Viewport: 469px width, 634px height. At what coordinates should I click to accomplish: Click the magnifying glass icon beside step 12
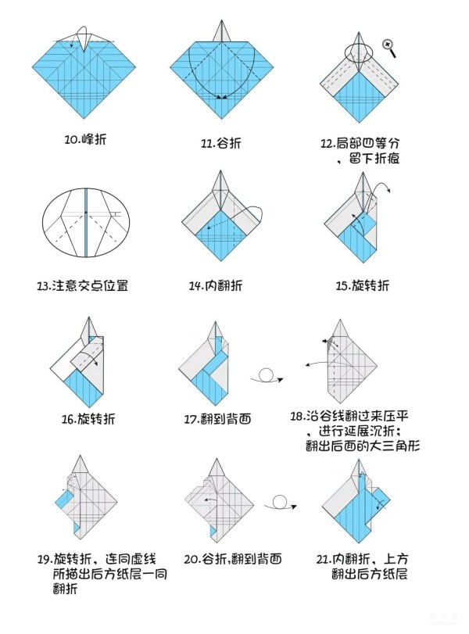tap(390, 48)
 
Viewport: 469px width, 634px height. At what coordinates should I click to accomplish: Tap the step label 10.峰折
tap(86, 139)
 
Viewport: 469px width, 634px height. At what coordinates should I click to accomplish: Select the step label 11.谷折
tap(220, 143)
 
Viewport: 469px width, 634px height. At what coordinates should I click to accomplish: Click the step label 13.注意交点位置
tap(83, 286)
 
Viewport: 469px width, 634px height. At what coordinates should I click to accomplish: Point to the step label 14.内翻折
tap(216, 286)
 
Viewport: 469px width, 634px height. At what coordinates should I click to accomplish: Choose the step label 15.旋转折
tap(362, 286)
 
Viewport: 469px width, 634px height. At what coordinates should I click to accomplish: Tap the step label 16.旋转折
tap(88, 418)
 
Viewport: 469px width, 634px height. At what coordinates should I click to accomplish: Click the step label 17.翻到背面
tap(217, 419)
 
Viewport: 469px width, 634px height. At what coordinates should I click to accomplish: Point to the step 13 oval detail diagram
tap(86, 222)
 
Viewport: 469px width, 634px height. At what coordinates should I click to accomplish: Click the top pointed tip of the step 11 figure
tap(221, 20)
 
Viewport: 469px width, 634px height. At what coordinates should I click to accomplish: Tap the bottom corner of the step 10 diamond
tap(84, 119)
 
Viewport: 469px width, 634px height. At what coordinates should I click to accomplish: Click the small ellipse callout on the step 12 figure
tap(359, 52)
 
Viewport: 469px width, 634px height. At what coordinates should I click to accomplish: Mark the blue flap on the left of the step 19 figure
tap(63, 499)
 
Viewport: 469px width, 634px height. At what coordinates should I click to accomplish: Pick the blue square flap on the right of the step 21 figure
tap(379, 500)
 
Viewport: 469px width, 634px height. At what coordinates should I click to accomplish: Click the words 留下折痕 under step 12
tap(374, 159)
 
